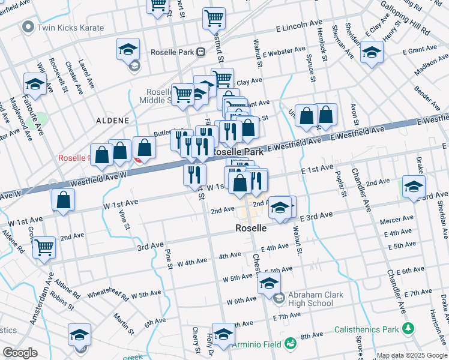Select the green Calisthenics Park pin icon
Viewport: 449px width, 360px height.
[x=409, y=329]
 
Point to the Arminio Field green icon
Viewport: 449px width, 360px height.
[x=291, y=343]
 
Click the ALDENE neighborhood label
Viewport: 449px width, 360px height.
[x=112, y=121]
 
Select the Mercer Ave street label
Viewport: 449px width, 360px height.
[x=396, y=220]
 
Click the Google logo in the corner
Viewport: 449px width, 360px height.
[x=20, y=353]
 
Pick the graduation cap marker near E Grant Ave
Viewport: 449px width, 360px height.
[x=372, y=52]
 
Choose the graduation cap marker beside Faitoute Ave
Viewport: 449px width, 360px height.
[x=35, y=85]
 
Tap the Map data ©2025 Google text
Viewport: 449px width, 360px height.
[x=411, y=355]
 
